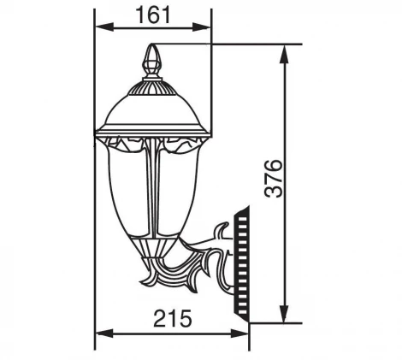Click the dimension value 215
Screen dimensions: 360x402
(x=172, y=319)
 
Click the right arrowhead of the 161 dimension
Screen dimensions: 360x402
(x=208, y=27)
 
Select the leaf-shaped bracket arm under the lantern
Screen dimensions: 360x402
(x=184, y=274)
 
